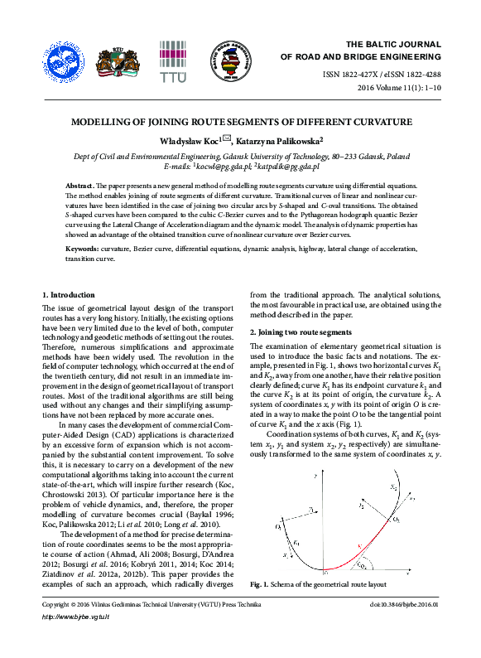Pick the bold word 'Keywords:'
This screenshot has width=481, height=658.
[x=83, y=249]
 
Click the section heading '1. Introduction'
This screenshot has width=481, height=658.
[x=69, y=295]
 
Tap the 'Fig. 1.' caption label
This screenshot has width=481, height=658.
[x=261, y=584]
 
